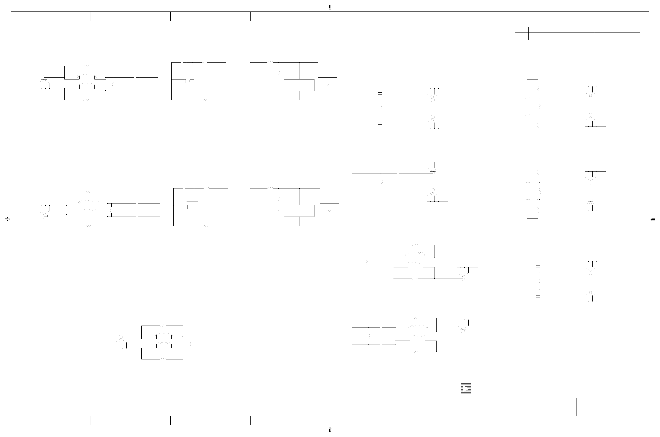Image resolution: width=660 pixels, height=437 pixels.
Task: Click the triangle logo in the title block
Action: (466, 389)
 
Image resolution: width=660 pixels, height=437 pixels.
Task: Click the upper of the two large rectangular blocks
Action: (299, 85)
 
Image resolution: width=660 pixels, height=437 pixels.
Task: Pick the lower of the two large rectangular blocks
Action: (299, 211)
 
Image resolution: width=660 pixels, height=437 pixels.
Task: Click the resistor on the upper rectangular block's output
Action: (326, 85)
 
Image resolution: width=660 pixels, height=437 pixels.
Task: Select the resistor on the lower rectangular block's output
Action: (328, 211)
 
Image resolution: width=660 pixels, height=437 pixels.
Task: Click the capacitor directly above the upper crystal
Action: (182, 62)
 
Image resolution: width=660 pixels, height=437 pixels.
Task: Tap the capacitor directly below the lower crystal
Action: (184, 226)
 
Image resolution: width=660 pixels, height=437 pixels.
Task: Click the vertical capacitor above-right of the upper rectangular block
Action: (318, 68)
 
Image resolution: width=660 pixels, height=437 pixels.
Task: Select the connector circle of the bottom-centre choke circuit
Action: (121, 337)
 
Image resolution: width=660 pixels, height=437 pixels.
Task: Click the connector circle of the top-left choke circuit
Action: (43, 77)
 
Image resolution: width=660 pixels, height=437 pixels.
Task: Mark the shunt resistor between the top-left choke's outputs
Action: (113, 84)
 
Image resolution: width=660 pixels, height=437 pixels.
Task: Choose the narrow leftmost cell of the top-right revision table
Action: (522, 29)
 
